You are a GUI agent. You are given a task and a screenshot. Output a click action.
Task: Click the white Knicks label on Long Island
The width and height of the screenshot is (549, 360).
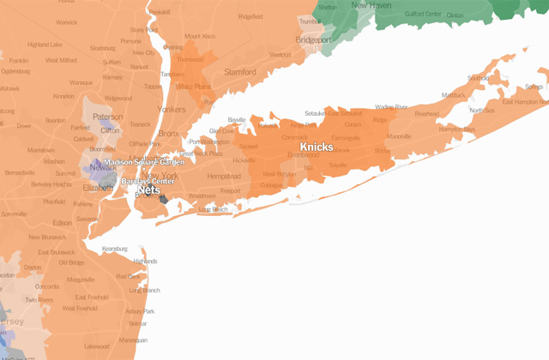(x=317, y=147)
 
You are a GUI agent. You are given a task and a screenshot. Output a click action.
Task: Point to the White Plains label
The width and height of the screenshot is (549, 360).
(x=194, y=87)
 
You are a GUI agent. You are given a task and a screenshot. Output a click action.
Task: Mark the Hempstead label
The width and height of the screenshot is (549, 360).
(x=224, y=176)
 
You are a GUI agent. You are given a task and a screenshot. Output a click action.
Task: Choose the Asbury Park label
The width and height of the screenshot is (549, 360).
(x=141, y=311)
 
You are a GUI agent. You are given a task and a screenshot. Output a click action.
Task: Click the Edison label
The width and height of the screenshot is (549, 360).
(x=62, y=224)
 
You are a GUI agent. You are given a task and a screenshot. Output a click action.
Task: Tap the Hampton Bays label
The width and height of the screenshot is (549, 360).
(x=457, y=129)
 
